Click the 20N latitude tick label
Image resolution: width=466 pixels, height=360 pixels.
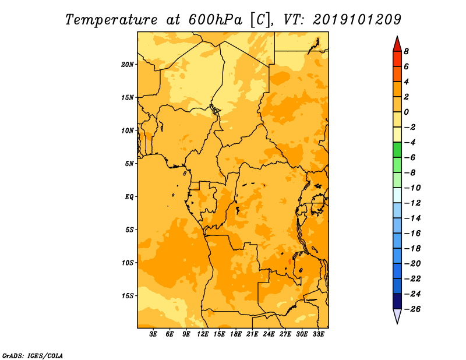128,65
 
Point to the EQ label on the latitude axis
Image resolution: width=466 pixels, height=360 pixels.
129,197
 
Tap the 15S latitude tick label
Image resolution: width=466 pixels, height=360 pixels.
128,296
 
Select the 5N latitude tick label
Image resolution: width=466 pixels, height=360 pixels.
129,164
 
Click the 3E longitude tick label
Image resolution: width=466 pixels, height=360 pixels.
153,334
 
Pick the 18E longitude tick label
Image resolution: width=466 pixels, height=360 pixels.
236,334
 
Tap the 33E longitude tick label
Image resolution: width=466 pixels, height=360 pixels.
318,334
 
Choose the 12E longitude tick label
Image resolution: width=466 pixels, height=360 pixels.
203,334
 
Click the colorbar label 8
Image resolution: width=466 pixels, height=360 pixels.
406,51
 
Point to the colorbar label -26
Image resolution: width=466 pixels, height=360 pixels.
412,309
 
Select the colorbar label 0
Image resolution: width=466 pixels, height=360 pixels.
406,112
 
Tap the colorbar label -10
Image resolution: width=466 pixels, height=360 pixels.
412,188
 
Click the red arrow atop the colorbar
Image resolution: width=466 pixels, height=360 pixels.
397,44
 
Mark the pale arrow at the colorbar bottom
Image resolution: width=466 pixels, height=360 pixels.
397,316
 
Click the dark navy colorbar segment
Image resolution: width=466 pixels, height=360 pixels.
397,301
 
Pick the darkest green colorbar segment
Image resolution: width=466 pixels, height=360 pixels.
397,150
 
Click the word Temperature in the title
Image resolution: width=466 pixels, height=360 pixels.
111,20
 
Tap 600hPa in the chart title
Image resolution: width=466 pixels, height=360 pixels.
215,20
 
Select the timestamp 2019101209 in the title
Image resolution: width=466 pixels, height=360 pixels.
357,20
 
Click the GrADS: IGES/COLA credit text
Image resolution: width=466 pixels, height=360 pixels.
33,356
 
